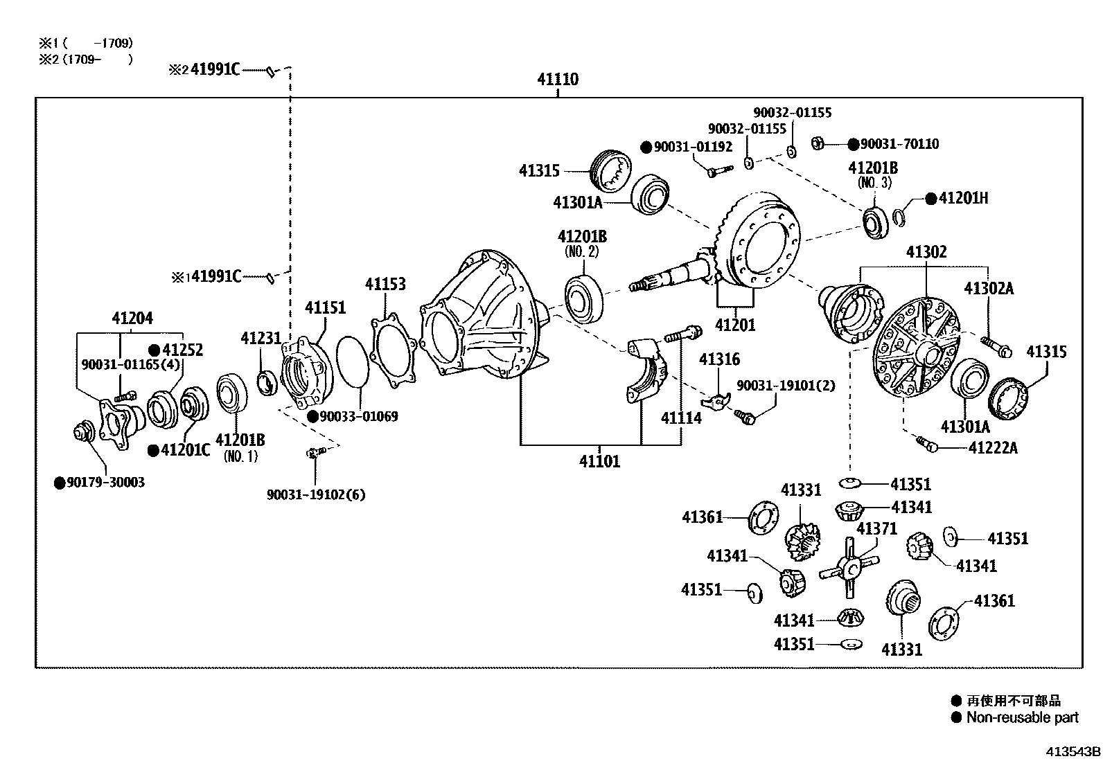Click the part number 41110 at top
557,80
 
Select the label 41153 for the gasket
385,285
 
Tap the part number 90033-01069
358,416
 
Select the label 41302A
989,288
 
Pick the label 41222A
992,448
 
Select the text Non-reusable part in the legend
1022,717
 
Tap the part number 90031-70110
899,144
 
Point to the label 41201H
963,199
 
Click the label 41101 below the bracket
599,461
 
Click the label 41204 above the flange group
132,319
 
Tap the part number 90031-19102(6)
316,494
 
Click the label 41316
719,359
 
